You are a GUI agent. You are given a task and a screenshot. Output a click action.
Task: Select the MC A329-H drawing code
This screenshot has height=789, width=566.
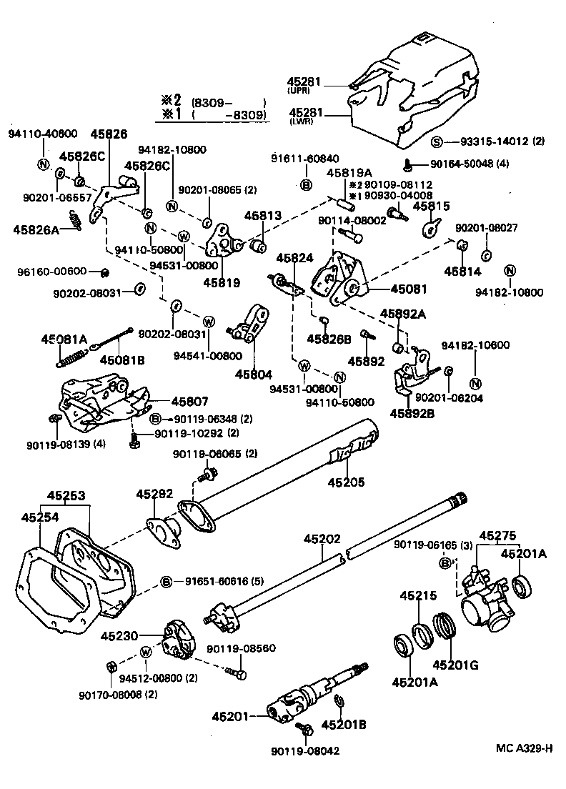(x=525, y=748)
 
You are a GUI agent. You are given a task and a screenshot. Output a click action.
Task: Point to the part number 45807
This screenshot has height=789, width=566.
(x=169, y=402)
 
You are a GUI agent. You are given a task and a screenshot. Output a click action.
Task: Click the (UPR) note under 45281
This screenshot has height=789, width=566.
(x=297, y=91)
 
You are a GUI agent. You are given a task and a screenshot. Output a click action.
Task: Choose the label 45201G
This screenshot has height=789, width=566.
(x=455, y=664)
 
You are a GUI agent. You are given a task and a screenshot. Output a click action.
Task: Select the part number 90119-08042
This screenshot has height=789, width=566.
(x=305, y=750)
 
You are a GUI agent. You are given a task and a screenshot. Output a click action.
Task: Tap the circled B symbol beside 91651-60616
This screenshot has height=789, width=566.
(x=166, y=582)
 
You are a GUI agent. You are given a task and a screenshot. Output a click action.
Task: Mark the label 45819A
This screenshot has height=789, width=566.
(x=349, y=172)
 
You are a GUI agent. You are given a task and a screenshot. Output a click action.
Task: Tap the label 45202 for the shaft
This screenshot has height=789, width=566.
(x=322, y=539)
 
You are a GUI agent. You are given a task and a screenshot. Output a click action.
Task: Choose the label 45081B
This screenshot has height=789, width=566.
(x=121, y=360)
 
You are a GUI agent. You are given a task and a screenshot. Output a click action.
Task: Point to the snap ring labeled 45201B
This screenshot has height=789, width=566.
(x=341, y=708)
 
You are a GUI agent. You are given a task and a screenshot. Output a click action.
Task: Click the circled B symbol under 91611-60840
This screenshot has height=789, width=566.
(x=306, y=185)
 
